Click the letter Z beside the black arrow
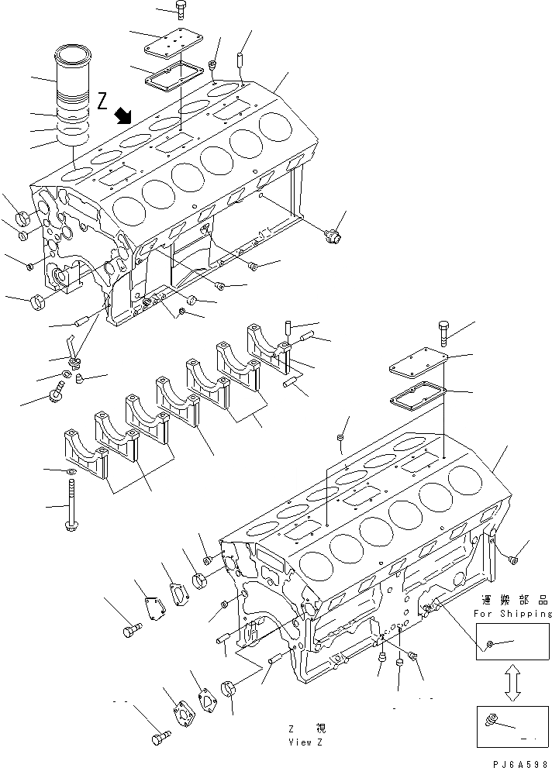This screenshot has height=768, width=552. point(102,101)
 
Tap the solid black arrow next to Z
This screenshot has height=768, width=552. point(122,116)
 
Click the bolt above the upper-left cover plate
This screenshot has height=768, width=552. point(180,10)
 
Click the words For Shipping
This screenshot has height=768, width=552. point(512,614)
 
